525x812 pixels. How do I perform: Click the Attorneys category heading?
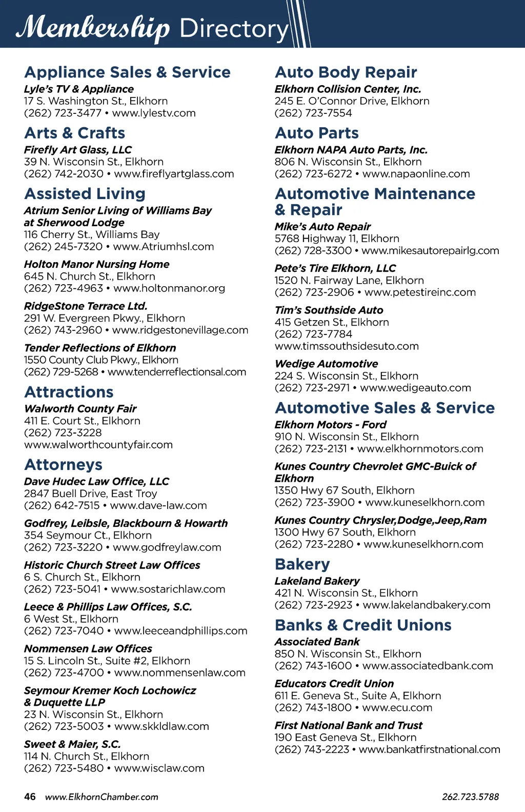[x=63, y=465]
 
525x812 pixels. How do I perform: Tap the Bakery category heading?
[x=302, y=564]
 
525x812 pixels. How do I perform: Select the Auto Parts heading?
[x=316, y=133]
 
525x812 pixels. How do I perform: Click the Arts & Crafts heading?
[x=75, y=133]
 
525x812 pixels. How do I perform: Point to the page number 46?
[x=30, y=797]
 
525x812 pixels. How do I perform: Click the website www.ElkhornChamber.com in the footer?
[x=102, y=797]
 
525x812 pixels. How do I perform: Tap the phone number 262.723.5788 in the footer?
[x=470, y=797]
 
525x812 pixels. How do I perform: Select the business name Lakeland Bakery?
[x=317, y=581]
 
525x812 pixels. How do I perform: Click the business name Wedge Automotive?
[x=326, y=364]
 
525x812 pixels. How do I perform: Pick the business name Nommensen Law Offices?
[x=88, y=648]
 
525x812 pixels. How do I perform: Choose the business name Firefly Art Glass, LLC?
[x=78, y=150]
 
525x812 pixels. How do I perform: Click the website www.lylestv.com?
[x=154, y=113]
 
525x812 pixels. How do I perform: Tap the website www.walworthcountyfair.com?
[x=98, y=445]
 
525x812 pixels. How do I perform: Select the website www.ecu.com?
[x=397, y=707]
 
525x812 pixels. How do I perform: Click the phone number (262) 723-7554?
[x=313, y=113]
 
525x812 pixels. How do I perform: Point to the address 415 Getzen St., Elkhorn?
[x=332, y=322]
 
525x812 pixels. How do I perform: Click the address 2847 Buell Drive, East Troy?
[x=90, y=493]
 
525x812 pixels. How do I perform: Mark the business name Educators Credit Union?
[x=334, y=684]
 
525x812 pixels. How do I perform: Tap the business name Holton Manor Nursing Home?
[x=96, y=264]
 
